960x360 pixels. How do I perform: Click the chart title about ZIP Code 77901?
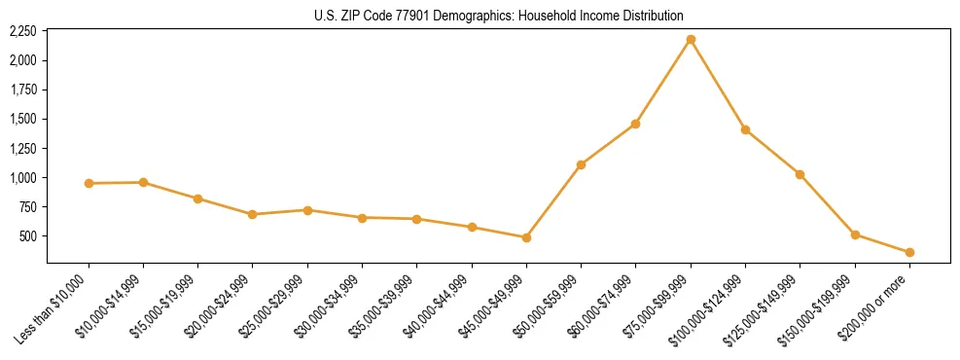pyautogui.click(x=499, y=16)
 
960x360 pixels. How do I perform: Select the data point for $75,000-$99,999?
pyautogui.click(x=691, y=39)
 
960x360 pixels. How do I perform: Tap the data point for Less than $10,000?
pyautogui.click(x=89, y=183)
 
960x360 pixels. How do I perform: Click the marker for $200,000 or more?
pyautogui.click(x=909, y=252)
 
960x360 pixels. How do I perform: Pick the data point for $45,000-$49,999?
pyautogui.click(x=526, y=237)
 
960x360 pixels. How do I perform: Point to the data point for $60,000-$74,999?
pyautogui.click(x=635, y=124)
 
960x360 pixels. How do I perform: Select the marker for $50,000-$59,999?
pyautogui.click(x=581, y=164)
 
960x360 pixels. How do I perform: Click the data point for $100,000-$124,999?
pyautogui.click(x=745, y=129)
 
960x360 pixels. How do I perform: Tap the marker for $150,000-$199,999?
pyautogui.click(x=855, y=234)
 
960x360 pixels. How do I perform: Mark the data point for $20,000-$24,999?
pyautogui.click(x=253, y=214)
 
